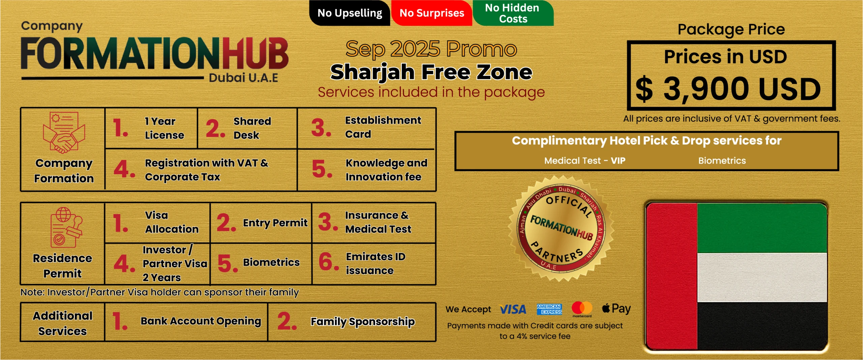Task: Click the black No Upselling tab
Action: coord(350,13)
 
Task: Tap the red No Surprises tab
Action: coord(432,13)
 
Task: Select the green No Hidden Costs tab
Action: coord(513,13)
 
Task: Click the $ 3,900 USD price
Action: coord(728,89)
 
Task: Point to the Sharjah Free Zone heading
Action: coord(431,72)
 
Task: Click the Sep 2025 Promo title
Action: coord(431,49)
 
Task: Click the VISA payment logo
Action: coord(513,309)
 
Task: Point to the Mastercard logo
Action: coord(582,309)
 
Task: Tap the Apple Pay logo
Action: coord(616,309)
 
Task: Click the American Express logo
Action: coord(549,309)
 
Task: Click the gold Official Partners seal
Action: coord(561,228)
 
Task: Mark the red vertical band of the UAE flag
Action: coord(672,276)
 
